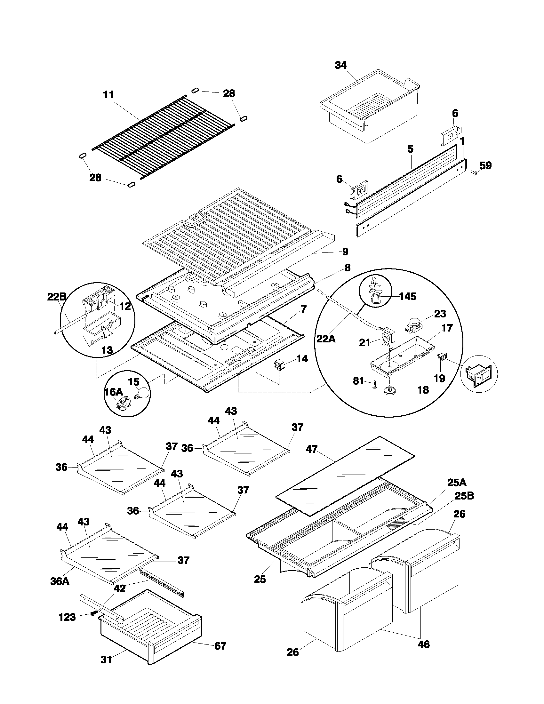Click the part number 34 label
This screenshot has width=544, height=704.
[x=341, y=65]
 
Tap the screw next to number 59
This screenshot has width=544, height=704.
[x=474, y=173]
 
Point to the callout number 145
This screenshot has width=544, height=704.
[x=408, y=296]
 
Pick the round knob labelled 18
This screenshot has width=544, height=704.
[x=390, y=391]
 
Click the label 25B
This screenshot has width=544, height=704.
[x=464, y=496]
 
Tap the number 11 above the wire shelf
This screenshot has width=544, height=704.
[x=108, y=95]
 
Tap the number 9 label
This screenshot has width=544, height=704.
[x=345, y=252]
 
